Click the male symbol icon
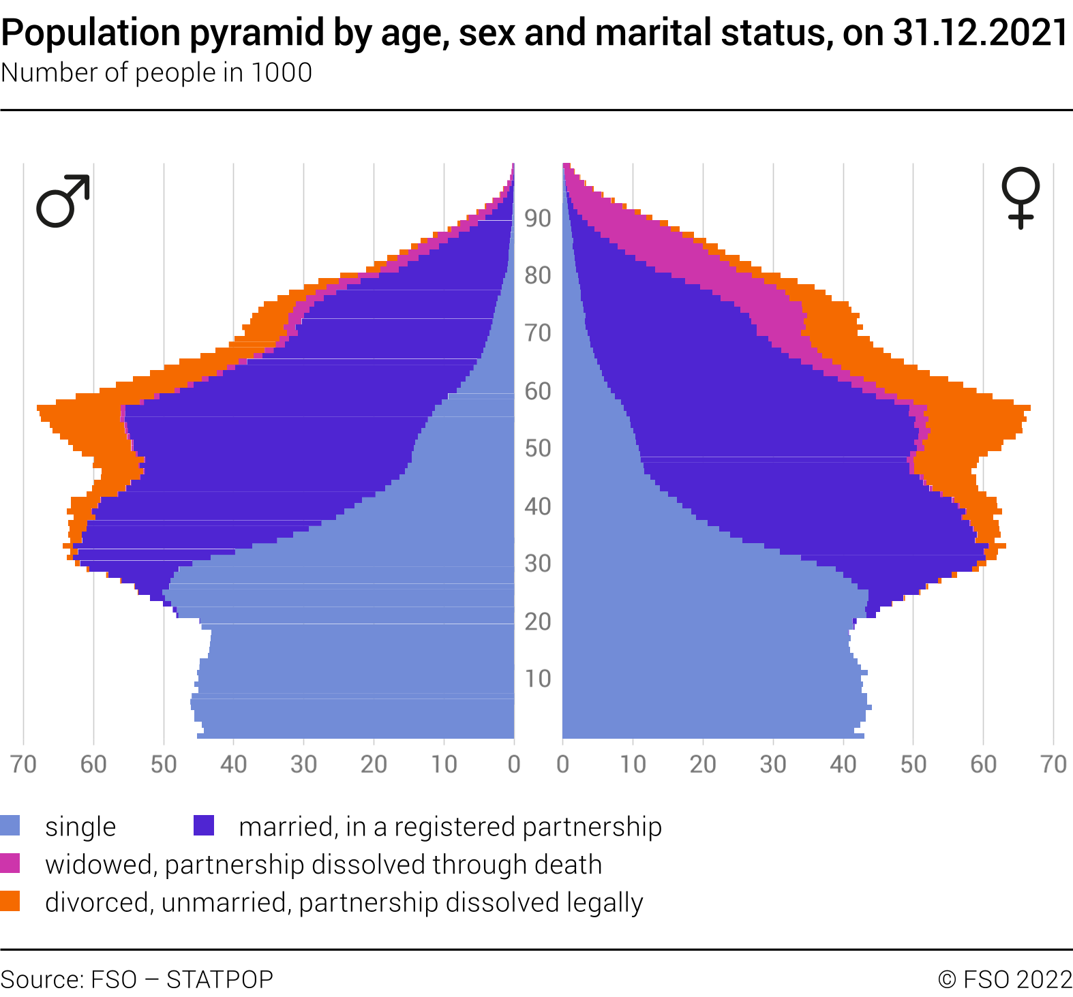point(63,202)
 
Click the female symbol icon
point(1021,197)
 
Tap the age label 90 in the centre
point(538,219)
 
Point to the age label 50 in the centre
point(538,448)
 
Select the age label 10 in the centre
point(538,679)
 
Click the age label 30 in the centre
point(538,564)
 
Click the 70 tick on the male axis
point(24,764)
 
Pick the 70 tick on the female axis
point(1053,764)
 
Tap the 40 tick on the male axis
point(234,764)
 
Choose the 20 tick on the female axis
point(703,764)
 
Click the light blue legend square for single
point(10,826)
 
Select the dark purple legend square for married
point(204,826)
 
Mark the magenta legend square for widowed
point(10,863)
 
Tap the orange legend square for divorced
point(10,902)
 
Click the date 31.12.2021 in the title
point(980,33)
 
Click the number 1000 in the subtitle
point(282,73)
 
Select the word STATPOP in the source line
point(220,979)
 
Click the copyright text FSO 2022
point(1017,979)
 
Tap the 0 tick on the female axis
point(562,764)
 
